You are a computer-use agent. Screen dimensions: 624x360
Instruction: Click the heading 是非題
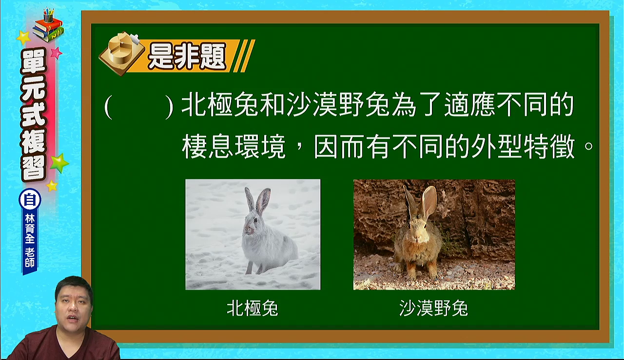click(x=187, y=56)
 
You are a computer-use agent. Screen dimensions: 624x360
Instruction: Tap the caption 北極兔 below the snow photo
click(x=253, y=308)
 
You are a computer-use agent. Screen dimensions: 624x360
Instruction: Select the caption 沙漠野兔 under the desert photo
click(x=433, y=308)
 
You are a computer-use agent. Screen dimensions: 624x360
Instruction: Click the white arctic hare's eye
click(x=255, y=220)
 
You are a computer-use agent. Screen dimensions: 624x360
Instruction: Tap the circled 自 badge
click(x=30, y=200)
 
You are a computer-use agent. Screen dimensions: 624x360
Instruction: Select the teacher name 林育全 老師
click(x=30, y=241)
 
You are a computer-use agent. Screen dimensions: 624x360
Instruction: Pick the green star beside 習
click(x=59, y=163)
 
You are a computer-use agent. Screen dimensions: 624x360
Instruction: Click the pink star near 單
click(x=57, y=53)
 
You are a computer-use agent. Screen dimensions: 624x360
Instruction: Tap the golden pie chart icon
click(x=122, y=53)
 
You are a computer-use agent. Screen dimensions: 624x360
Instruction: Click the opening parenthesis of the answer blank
click(x=109, y=107)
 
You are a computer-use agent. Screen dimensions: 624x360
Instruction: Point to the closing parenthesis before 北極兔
click(x=169, y=107)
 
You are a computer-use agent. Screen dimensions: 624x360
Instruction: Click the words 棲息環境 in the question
click(x=234, y=146)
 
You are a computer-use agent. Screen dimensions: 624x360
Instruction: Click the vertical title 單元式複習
click(x=33, y=115)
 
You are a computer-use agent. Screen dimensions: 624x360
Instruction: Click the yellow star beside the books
click(x=24, y=38)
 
